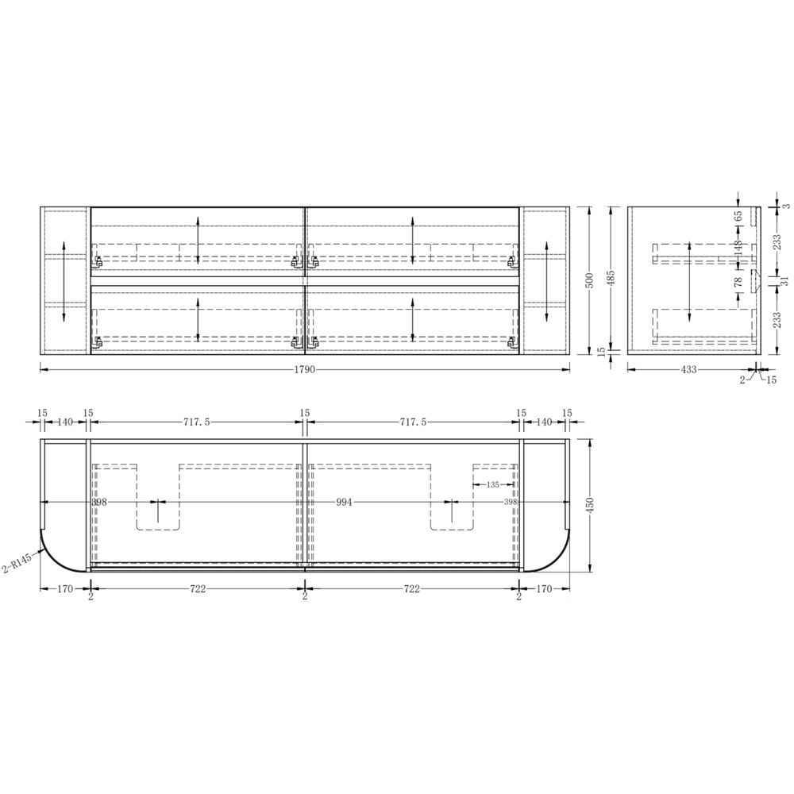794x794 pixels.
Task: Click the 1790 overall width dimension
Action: point(304,370)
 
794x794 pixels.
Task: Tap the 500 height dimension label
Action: point(589,280)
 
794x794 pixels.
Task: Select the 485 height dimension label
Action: point(611,277)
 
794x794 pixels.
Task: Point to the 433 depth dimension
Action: point(688,370)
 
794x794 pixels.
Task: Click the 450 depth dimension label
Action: point(589,505)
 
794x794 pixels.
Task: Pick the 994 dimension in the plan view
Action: point(344,503)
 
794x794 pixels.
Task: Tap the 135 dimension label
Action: point(493,484)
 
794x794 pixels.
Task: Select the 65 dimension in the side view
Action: point(738,216)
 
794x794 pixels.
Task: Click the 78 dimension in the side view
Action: point(738,282)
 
